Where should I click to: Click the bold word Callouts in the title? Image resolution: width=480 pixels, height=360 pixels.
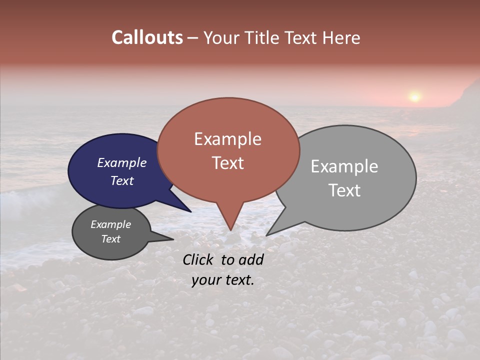(x=147, y=38)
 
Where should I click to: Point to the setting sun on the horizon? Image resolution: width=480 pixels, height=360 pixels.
(x=414, y=96)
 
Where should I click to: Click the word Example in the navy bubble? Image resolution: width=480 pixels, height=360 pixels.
(x=122, y=162)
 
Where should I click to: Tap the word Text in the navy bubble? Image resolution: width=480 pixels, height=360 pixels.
(x=122, y=180)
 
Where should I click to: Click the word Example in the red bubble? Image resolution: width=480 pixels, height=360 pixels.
(x=227, y=139)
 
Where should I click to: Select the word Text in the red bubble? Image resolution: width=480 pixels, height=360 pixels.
(x=227, y=163)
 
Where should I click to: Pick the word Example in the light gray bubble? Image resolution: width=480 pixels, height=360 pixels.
(x=344, y=166)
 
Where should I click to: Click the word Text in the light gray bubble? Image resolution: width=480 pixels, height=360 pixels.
(x=344, y=190)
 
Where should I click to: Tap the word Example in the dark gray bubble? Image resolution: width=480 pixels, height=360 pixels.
(x=111, y=224)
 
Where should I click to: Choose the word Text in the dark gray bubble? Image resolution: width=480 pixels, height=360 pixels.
(x=111, y=239)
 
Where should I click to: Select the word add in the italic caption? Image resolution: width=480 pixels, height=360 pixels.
(x=251, y=259)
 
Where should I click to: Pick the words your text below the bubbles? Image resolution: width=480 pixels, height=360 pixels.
(x=222, y=280)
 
